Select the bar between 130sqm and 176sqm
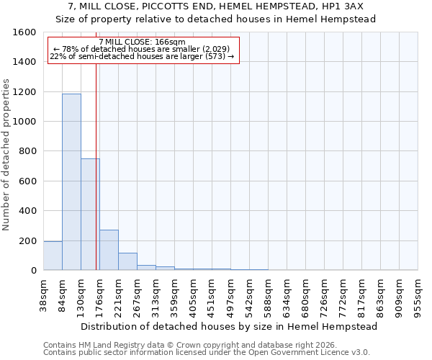click(90, 214)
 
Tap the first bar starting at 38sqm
click(53, 256)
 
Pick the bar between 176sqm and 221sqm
click(109, 250)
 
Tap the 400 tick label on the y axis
click(27, 211)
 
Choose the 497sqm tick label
click(231, 295)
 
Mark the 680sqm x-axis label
click(306, 295)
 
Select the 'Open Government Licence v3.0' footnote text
click(310, 353)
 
